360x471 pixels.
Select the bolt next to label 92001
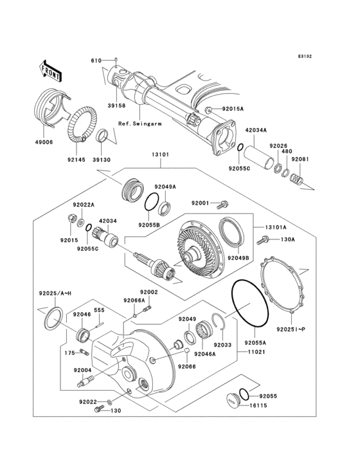223,205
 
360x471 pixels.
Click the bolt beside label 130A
262,241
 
